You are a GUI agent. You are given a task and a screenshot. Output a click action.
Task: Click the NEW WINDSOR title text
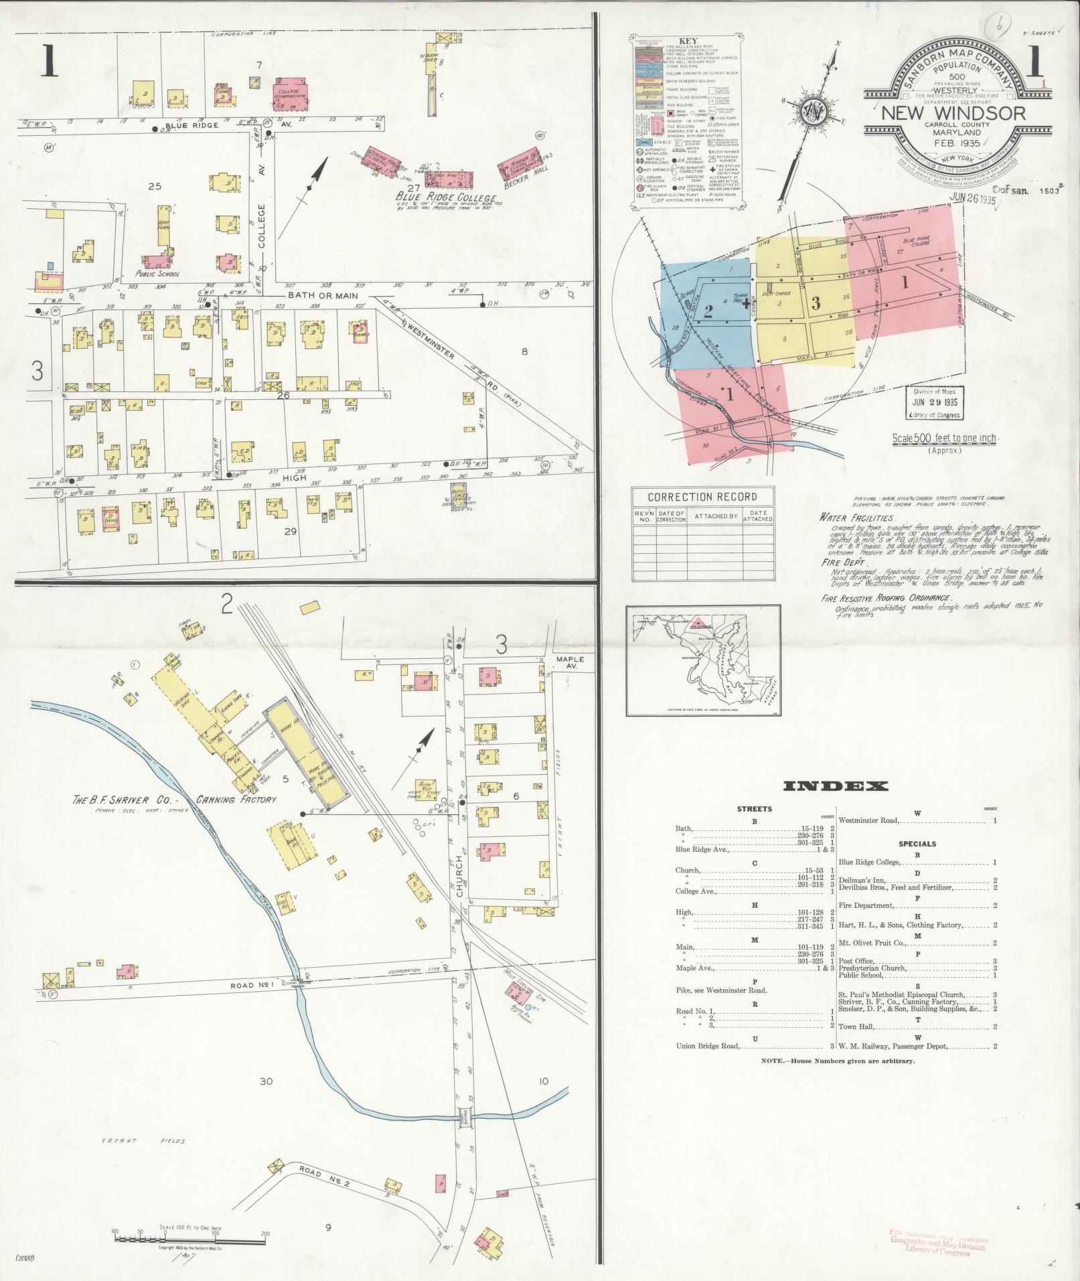[x=953, y=113]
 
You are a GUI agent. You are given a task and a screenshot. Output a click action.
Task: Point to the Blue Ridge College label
[x=445, y=198]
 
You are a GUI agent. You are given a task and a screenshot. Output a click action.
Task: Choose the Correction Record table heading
[x=702, y=497]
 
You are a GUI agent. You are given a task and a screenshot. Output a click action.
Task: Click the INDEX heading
[x=835, y=786]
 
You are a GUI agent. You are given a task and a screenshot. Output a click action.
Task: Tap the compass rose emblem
[x=816, y=111]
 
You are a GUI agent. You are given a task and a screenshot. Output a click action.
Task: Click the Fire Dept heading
[x=842, y=563]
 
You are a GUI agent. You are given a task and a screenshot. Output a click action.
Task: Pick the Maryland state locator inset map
[x=703, y=660]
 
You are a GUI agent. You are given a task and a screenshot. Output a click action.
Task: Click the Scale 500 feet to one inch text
[x=944, y=439]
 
